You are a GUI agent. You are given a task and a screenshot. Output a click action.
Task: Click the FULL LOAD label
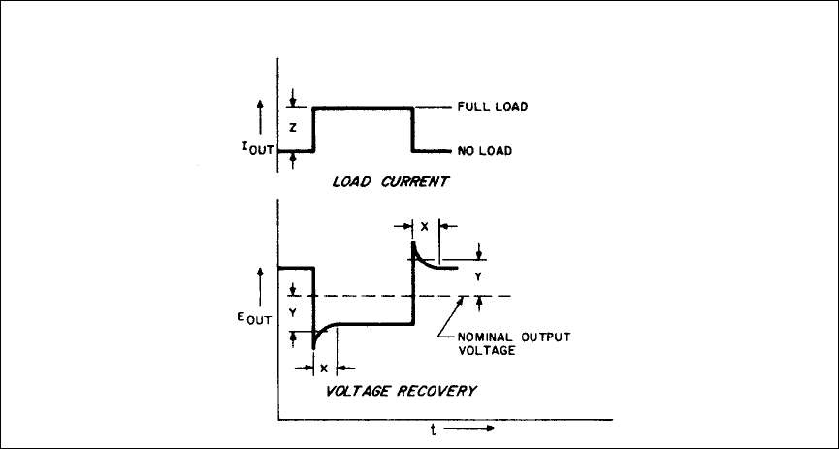(x=492, y=107)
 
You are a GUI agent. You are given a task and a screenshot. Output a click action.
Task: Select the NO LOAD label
(x=485, y=151)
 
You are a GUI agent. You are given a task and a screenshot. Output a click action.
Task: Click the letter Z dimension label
(x=292, y=128)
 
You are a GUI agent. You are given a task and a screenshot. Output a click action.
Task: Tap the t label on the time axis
(x=433, y=431)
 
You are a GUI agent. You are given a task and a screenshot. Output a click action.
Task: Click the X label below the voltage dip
(x=325, y=369)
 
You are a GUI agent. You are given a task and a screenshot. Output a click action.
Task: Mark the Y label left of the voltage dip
(x=292, y=312)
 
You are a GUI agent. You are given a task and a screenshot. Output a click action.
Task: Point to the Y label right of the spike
(x=477, y=276)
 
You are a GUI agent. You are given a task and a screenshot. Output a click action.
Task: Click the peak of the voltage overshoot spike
(x=414, y=241)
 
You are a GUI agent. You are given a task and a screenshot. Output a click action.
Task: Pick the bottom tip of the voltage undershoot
(x=313, y=347)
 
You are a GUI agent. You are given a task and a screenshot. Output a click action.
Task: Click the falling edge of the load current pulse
(x=414, y=129)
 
